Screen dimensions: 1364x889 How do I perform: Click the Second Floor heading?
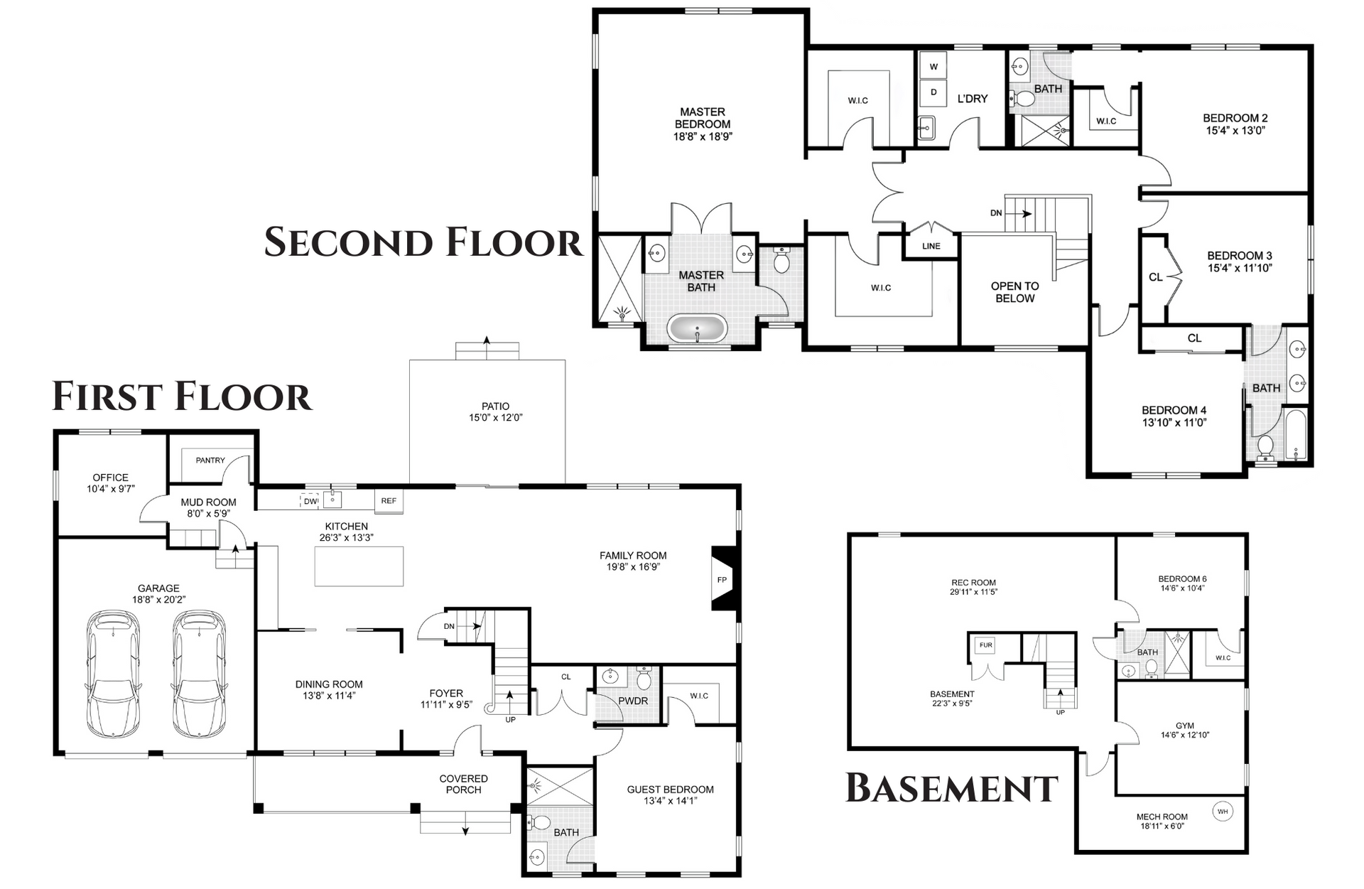pyautogui.click(x=423, y=242)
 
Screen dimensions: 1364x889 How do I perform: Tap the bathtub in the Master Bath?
pyautogui.click(x=697, y=329)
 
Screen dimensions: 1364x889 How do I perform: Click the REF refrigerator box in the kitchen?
pyautogui.click(x=389, y=500)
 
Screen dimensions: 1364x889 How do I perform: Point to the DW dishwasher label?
pyautogui.click(x=310, y=501)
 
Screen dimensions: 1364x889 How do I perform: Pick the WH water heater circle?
pyautogui.click(x=1223, y=812)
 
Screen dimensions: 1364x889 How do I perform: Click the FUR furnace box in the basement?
pyautogui.click(x=985, y=645)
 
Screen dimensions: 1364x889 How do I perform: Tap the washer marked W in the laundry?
pyautogui.click(x=933, y=66)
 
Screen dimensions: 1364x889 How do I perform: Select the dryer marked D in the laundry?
pyautogui.click(x=933, y=92)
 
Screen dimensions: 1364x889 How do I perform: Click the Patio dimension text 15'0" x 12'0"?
pyautogui.click(x=495, y=418)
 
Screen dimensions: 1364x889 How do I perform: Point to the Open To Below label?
pyautogui.click(x=1014, y=292)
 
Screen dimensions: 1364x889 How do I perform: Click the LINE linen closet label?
pyautogui.click(x=931, y=247)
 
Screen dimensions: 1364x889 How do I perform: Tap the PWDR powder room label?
pyautogui.click(x=633, y=701)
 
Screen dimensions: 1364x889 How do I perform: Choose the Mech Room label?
pyautogui.click(x=1162, y=817)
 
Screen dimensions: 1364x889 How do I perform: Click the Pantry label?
pyautogui.click(x=210, y=460)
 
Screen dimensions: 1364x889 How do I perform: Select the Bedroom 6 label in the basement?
pyautogui.click(x=1182, y=579)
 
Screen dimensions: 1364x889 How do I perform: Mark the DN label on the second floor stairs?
pyautogui.click(x=996, y=212)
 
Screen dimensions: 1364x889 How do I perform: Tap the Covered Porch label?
pyautogui.click(x=463, y=785)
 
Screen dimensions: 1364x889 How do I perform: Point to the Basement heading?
pyautogui.click(x=952, y=788)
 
